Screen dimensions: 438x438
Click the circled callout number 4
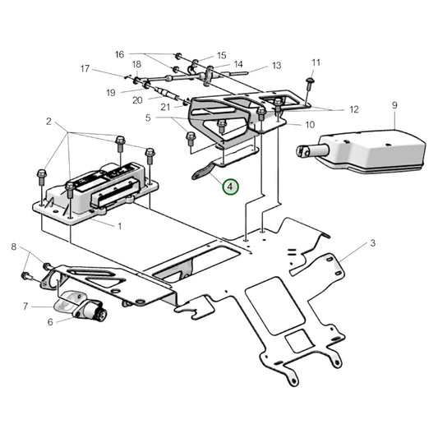(230, 187)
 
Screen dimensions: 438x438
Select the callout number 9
(394, 105)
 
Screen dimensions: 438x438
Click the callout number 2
(48, 122)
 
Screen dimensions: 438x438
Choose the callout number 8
(13, 247)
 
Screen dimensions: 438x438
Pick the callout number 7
(25, 307)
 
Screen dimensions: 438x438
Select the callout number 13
(276, 65)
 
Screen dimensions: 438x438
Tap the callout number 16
(120, 54)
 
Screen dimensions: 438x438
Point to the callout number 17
(85, 69)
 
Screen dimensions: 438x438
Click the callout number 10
(310, 125)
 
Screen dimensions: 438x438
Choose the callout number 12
(354, 108)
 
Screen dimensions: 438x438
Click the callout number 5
(148, 118)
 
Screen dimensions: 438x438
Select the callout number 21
(165, 107)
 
